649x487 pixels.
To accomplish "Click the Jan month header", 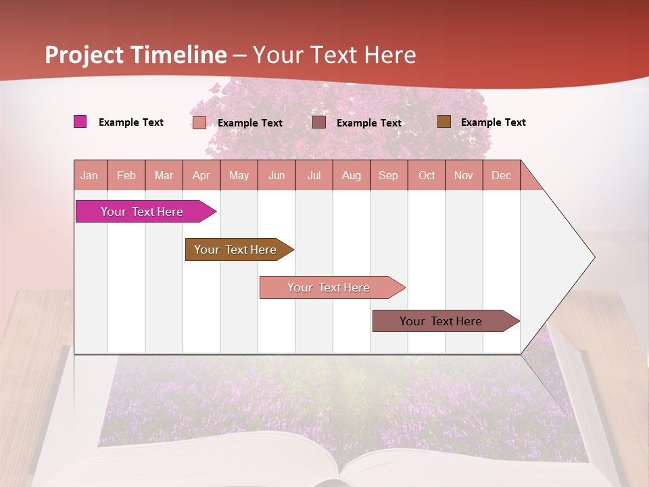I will (x=90, y=175).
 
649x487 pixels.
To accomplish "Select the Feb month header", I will (x=126, y=175).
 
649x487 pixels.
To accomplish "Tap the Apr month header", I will (x=201, y=175).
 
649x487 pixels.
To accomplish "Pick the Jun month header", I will (x=277, y=175).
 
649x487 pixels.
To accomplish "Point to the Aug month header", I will (x=352, y=175).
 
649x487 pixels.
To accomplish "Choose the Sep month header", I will (x=389, y=175).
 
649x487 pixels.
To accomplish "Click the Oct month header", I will (x=427, y=175).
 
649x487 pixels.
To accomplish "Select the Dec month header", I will (x=502, y=175).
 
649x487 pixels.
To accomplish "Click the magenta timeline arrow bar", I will (x=143, y=212).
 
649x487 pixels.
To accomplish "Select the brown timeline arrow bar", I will (x=236, y=250).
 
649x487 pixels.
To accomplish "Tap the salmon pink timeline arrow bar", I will (x=329, y=287).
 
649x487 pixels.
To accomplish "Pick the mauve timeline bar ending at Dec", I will (x=441, y=321).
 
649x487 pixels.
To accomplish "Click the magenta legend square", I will (x=80, y=122).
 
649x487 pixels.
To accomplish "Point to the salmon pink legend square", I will (x=199, y=122).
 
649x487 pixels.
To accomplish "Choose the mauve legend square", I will (x=319, y=122).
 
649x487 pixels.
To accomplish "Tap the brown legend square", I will (x=443, y=122).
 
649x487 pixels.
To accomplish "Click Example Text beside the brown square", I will (x=493, y=122).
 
